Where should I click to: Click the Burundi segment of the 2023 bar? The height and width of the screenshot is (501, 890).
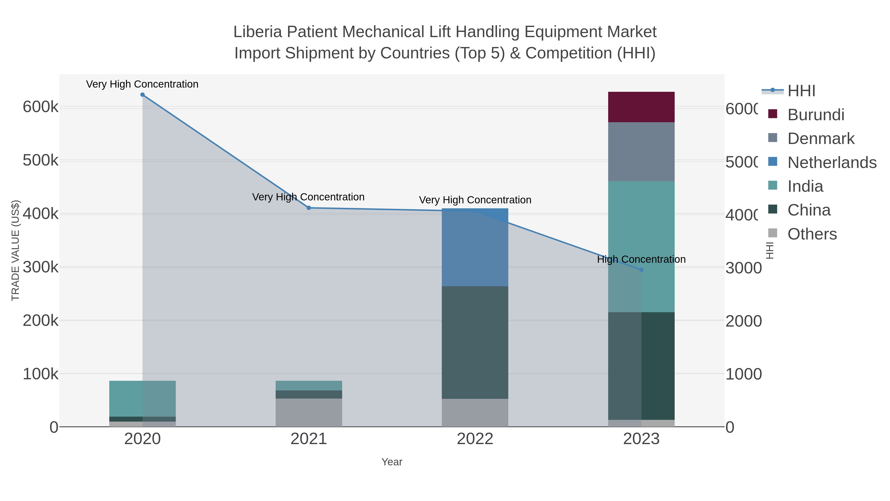[x=641, y=107]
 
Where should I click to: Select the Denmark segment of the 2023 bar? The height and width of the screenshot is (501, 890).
[x=641, y=151]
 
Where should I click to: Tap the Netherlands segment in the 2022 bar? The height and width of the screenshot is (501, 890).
[x=475, y=247]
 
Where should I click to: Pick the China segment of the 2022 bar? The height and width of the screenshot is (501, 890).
[x=475, y=342]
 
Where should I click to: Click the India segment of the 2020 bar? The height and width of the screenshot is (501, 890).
[x=142, y=399]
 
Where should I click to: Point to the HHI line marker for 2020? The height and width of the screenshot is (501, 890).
[x=142, y=95]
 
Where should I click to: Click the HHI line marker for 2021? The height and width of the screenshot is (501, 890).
[x=309, y=208]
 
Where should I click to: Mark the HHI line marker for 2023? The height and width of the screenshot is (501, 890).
[x=642, y=270]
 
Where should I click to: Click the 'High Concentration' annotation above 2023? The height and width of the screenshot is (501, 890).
[x=641, y=259]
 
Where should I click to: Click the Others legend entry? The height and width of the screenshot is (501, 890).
[x=812, y=234]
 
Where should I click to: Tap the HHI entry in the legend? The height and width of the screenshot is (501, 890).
[x=801, y=91]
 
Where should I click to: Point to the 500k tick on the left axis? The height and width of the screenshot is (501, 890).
[x=41, y=160]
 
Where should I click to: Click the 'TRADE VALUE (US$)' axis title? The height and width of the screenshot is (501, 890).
[x=16, y=250]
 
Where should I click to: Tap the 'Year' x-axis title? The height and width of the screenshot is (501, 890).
[x=392, y=462]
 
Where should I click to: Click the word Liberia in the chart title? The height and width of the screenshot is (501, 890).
[x=258, y=32]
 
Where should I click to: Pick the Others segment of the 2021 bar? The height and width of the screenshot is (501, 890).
[x=309, y=412]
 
